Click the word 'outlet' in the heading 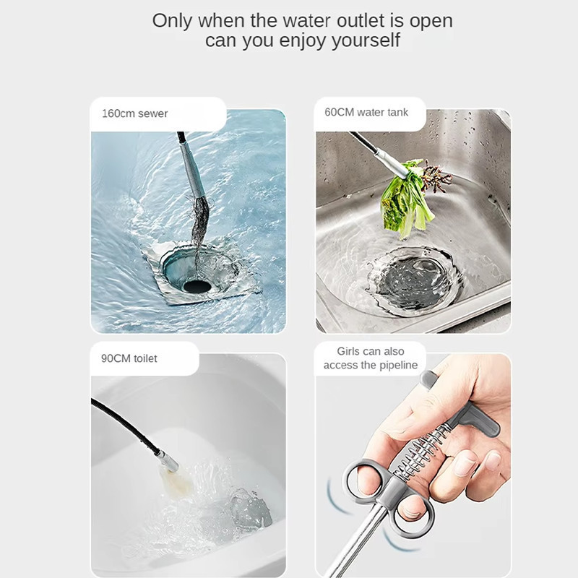pyautogui.click(x=361, y=21)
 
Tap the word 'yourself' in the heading pyautogui.click(x=366, y=40)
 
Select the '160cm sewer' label pyautogui.click(x=135, y=113)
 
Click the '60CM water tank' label pyautogui.click(x=366, y=112)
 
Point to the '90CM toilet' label pyautogui.click(x=129, y=358)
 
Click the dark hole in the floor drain pyautogui.click(x=197, y=286)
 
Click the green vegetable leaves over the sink pyautogui.click(x=405, y=201)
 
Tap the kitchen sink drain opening pyautogui.click(x=415, y=281)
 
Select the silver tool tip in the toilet pyautogui.click(x=167, y=461)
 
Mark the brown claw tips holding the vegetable pyautogui.click(x=436, y=177)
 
